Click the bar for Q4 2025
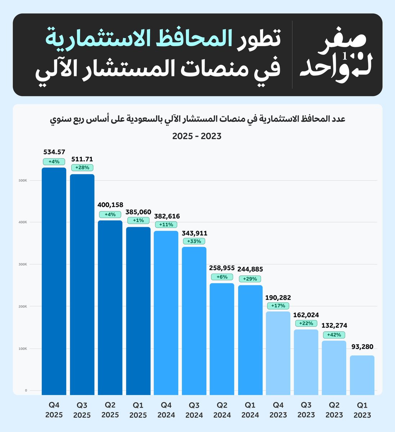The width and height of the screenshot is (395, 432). (54, 281)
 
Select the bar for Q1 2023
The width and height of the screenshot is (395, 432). (362, 375)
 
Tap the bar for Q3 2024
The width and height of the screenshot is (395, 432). (194, 320)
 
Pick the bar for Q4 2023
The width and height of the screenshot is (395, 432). (278, 353)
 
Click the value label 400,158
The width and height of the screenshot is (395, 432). (110, 205)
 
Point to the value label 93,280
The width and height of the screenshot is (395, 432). (362, 347)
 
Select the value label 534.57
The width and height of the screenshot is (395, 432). (54, 152)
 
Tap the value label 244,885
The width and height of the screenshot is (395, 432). (250, 269)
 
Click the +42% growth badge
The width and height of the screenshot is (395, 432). (334, 335)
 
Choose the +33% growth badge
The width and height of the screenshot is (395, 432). (194, 241)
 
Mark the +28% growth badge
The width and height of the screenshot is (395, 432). (82, 167)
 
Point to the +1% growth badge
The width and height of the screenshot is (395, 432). (138, 220)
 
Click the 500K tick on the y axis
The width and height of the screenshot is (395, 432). (23, 180)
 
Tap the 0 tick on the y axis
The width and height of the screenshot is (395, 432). (26, 391)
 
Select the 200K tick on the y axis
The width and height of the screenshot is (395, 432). (23, 306)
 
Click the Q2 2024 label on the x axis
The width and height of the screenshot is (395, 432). (222, 410)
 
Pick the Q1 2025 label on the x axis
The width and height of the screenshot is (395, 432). (138, 410)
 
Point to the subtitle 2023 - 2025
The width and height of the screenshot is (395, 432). (197, 136)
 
